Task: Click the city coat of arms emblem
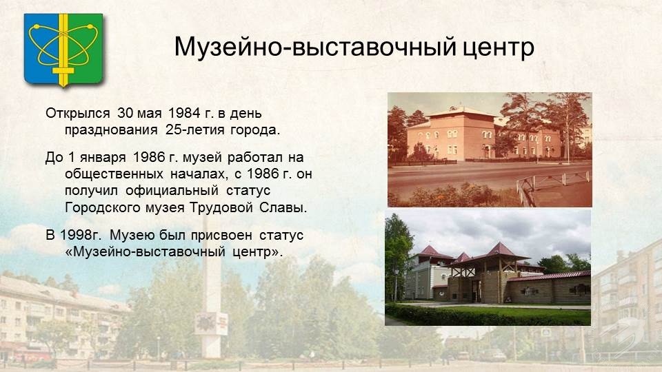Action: [63, 50]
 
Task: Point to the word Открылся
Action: [78, 114]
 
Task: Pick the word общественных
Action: [114, 174]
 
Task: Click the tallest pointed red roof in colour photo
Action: [500, 249]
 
